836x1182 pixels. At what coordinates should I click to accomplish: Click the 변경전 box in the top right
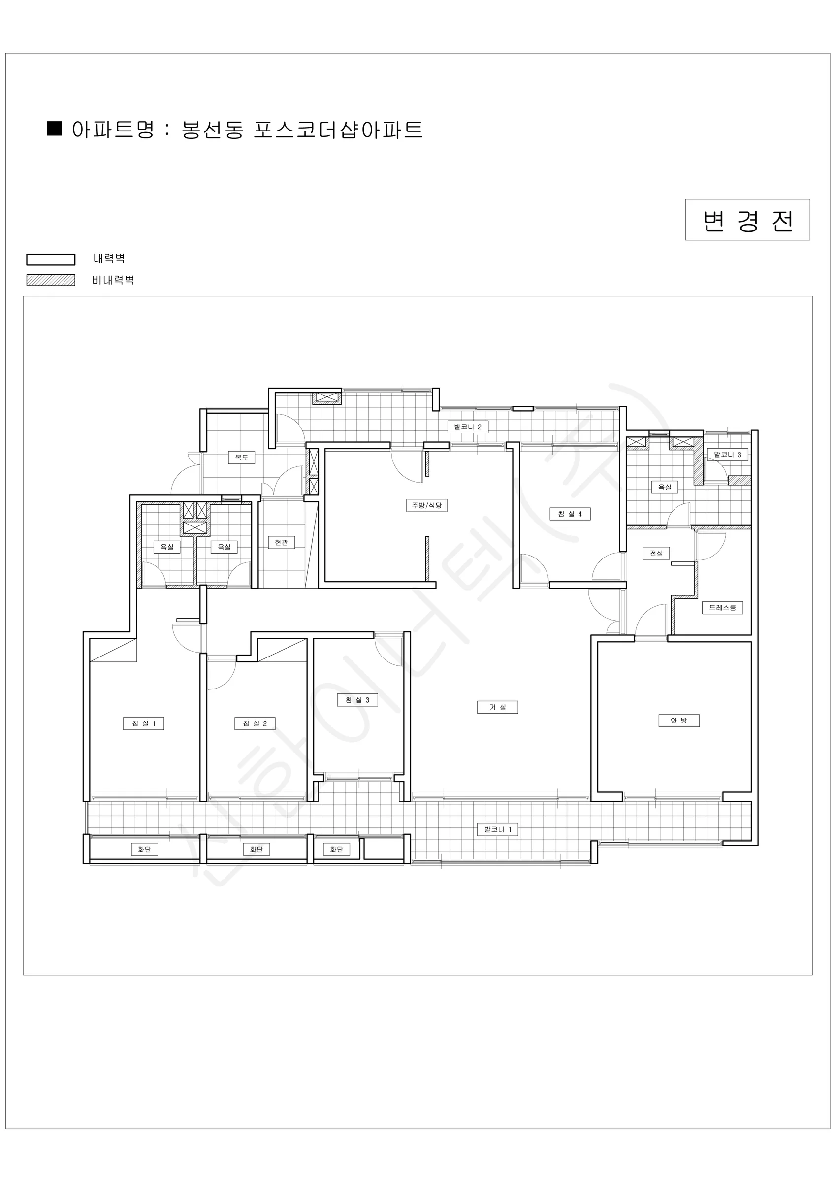747,220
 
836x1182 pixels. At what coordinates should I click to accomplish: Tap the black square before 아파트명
55,128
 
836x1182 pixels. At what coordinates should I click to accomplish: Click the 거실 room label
497,707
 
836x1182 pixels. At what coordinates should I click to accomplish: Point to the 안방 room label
679,721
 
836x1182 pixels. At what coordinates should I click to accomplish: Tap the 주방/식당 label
427,505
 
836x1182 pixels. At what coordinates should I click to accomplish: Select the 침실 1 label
144,724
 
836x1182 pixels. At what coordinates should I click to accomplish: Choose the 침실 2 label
255,724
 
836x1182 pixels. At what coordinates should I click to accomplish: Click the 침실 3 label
357,700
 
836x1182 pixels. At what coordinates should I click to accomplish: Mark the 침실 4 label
570,514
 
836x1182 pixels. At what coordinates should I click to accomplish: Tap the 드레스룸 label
723,607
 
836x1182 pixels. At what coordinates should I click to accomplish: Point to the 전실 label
656,553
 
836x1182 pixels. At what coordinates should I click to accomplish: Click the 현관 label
281,542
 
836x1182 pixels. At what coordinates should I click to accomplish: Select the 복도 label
241,457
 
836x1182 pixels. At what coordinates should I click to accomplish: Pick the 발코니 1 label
498,829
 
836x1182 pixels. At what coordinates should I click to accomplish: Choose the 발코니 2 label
467,427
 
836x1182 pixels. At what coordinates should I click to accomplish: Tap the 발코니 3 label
727,455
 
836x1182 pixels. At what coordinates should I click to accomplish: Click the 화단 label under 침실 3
337,850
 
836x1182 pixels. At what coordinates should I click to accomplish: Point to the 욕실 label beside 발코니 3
665,487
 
